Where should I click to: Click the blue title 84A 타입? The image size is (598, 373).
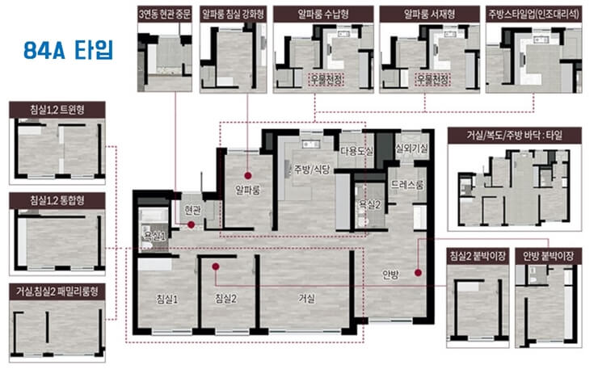(x=68, y=50)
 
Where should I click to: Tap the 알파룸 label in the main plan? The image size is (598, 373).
(x=247, y=190)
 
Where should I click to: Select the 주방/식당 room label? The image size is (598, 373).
(x=312, y=170)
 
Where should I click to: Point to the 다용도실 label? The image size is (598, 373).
(x=356, y=151)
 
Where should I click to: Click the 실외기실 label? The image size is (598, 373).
(x=412, y=149)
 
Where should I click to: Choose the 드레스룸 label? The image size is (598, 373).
(x=407, y=185)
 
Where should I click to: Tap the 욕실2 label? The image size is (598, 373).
(x=369, y=204)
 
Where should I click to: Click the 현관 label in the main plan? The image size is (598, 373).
(x=192, y=210)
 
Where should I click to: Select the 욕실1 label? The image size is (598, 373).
(x=154, y=236)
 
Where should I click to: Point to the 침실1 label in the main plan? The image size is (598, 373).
(x=167, y=299)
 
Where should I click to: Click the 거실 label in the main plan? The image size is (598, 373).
(x=306, y=299)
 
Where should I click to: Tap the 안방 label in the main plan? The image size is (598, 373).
(x=390, y=275)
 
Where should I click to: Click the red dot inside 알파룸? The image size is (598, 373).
(x=248, y=176)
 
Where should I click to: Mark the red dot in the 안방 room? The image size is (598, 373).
(x=419, y=273)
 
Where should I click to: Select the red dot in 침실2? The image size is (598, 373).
(x=216, y=266)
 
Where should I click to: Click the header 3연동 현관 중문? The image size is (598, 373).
(x=165, y=15)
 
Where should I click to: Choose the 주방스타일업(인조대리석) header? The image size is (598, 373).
(x=534, y=15)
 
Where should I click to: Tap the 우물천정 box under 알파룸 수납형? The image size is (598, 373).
(x=326, y=80)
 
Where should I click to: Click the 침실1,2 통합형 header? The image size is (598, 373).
(x=57, y=200)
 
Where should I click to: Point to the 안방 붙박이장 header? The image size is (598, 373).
(x=549, y=256)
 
